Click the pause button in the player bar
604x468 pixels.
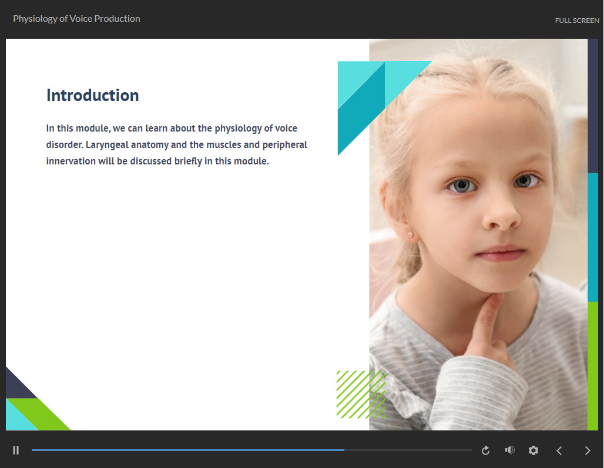pos(16,450)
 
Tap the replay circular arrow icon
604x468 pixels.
pos(485,450)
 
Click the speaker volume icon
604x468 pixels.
pos(509,450)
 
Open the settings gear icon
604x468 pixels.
pos(533,450)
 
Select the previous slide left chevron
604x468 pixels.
pos(559,451)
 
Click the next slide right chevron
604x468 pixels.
pos(588,451)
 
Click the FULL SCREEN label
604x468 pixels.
pos(577,21)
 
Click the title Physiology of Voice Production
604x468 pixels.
pos(76,18)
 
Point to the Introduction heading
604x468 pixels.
pos(92,95)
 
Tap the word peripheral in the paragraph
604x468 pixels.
pos(284,145)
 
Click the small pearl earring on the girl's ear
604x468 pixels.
pos(410,234)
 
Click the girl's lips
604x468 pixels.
pos(501,253)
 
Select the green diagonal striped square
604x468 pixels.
pos(361,395)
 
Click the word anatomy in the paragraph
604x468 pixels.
pos(150,145)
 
